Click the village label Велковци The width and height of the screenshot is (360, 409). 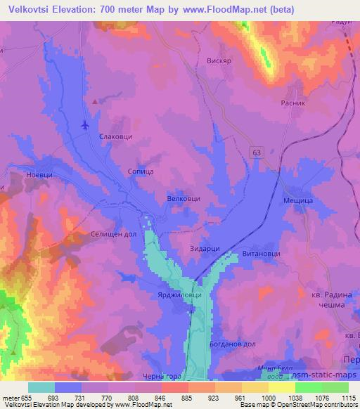[x=184, y=199]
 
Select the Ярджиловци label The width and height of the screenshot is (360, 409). [x=183, y=296]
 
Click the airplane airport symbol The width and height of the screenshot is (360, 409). [x=86, y=125]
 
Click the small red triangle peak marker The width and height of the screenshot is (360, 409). [x=95, y=101]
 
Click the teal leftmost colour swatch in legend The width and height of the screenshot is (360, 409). [x=41, y=387]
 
